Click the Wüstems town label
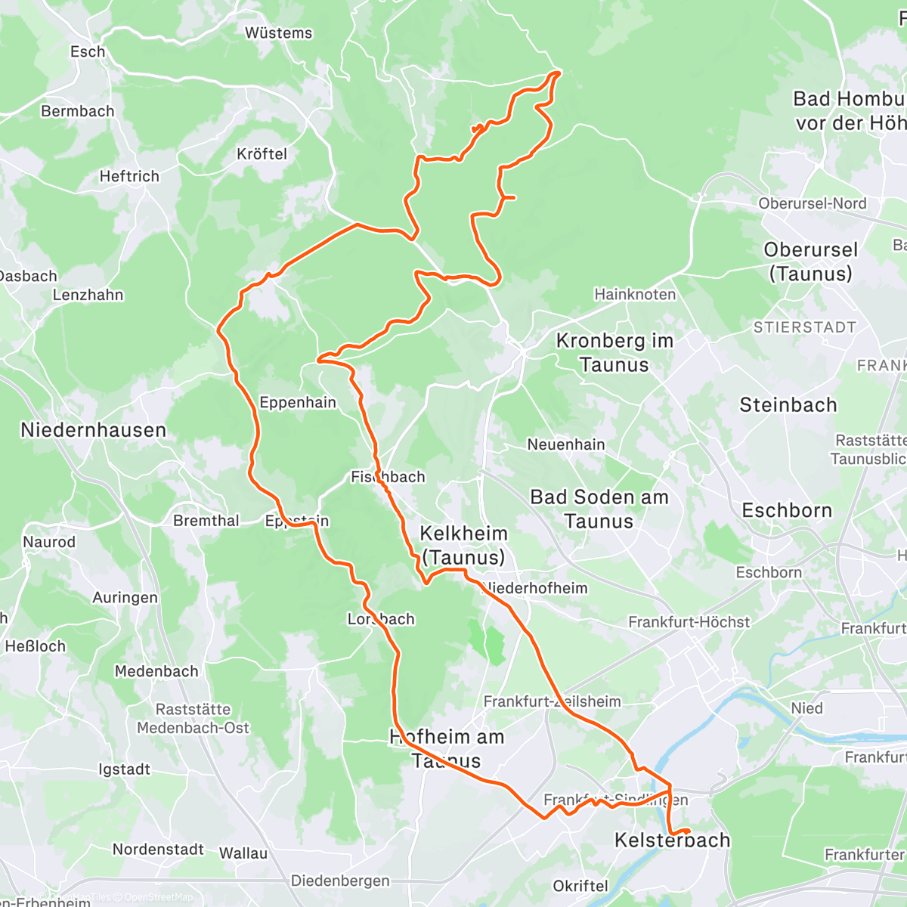coord(278,33)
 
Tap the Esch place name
coord(88,52)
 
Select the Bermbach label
coord(78,111)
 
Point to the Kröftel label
coord(262,154)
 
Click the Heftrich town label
coord(129,177)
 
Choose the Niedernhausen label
coord(93,431)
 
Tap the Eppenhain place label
coord(298,402)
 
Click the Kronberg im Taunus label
coord(614,353)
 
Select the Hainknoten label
coord(635,295)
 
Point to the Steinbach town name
coord(788,405)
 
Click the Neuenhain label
coord(566,444)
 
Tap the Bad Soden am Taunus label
coord(599,509)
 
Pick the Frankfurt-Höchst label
coord(689,622)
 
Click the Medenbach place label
coord(156,671)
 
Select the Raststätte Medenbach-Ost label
coord(193,719)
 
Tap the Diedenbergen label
coord(340,881)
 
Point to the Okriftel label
coord(580,886)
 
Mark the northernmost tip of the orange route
coord(558,72)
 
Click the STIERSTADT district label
coord(804,327)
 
